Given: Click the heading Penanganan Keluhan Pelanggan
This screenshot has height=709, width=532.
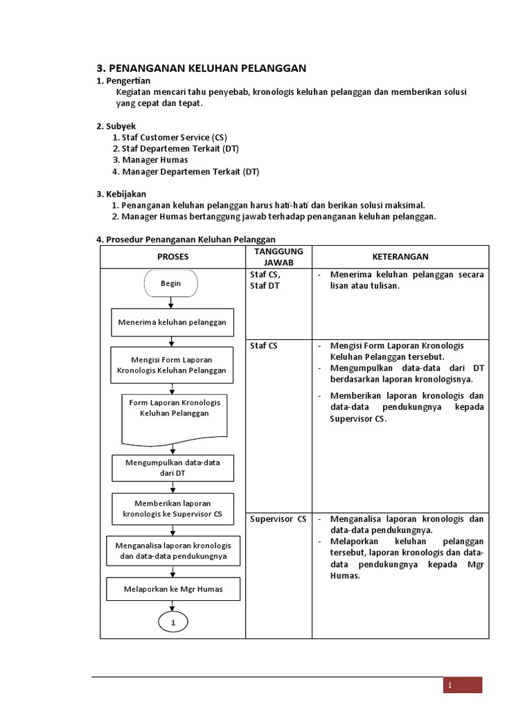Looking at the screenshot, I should [x=200, y=68].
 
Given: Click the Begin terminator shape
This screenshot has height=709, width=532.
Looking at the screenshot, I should [x=170, y=283].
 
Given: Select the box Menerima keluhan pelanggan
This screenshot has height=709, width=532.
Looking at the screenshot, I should [x=171, y=322].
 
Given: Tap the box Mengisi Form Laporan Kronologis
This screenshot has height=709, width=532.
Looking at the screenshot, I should [x=171, y=365].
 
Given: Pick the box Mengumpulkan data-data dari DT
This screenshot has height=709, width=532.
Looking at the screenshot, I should [x=173, y=468].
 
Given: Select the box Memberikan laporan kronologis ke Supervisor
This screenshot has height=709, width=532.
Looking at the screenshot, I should [x=172, y=508].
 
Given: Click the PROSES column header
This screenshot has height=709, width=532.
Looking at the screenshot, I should [x=172, y=257].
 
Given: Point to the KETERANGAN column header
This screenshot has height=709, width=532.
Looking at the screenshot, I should [x=400, y=257].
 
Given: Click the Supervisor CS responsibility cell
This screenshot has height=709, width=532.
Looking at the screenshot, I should [x=278, y=519].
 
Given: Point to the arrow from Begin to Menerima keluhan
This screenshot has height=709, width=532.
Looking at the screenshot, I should [x=171, y=303].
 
